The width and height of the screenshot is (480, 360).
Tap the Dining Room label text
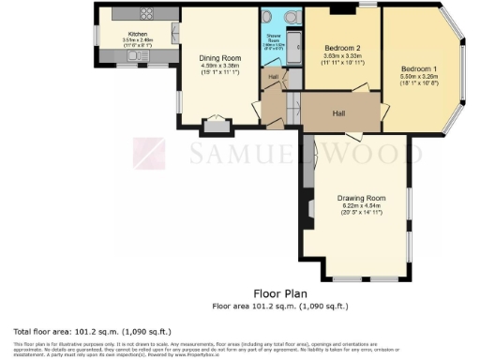point(220,58)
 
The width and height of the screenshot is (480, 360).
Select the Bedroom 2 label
point(343,48)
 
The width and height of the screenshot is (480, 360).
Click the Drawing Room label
point(362,198)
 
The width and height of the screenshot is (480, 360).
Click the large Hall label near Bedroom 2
point(342,112)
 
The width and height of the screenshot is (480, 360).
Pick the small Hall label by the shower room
point(274,77)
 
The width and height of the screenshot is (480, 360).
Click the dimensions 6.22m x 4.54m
point(362,206)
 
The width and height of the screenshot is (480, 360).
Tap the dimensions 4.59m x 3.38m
point(220,67)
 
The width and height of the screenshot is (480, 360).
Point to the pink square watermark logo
point(148,154)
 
